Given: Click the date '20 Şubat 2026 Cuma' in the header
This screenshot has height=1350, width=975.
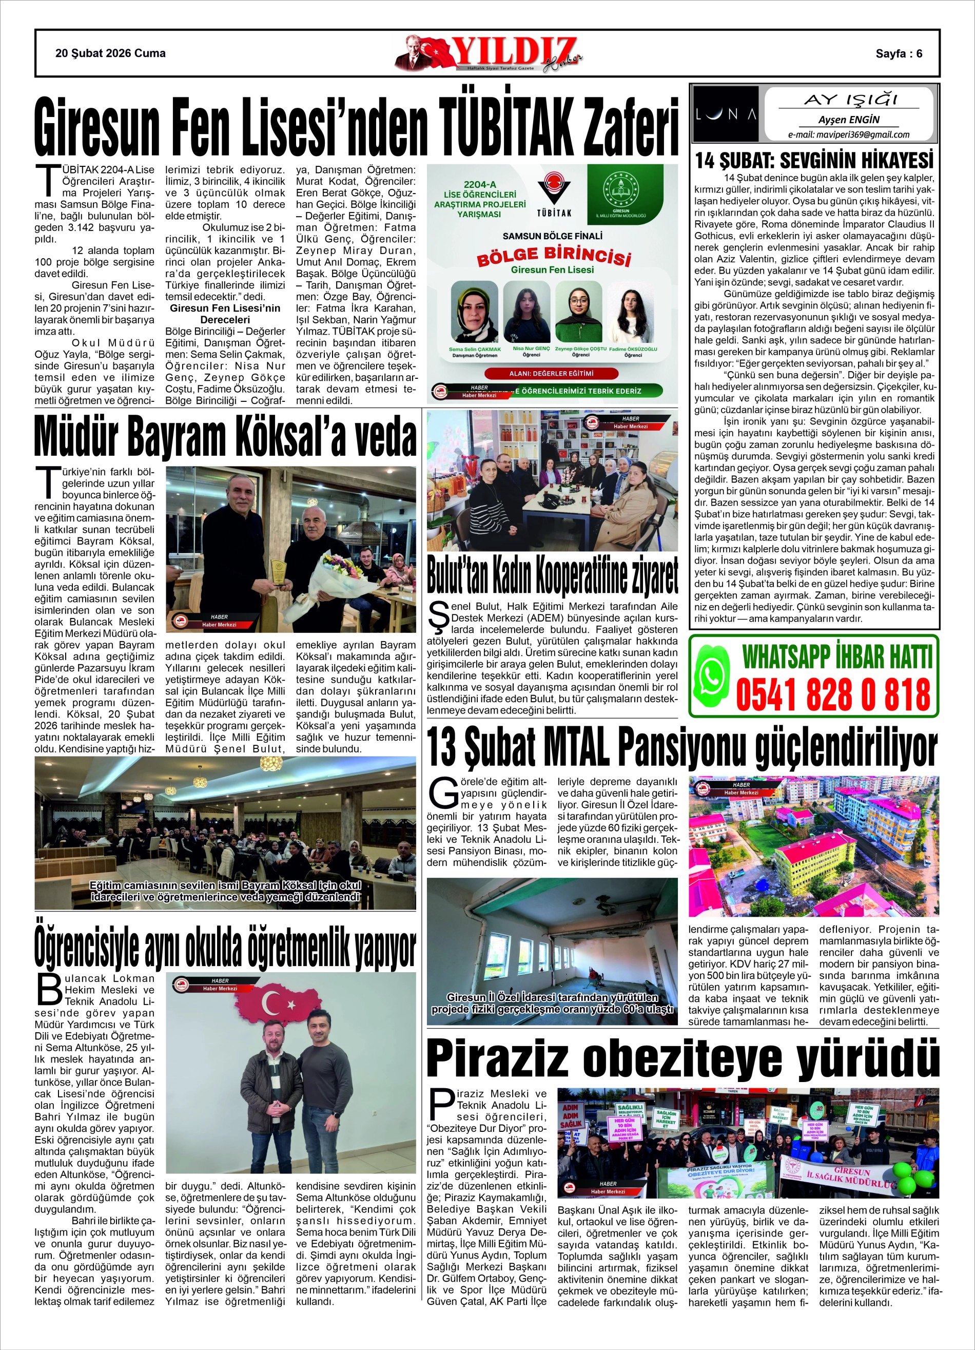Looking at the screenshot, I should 110,53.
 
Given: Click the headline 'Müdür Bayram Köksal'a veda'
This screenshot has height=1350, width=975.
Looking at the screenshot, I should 225,437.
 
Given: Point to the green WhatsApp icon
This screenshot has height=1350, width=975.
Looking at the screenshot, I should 712,677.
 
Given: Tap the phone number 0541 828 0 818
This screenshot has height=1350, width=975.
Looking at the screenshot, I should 833,694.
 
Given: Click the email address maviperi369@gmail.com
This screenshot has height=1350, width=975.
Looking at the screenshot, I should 848,134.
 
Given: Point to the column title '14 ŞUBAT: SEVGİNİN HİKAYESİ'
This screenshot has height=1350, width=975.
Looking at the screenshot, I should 814,160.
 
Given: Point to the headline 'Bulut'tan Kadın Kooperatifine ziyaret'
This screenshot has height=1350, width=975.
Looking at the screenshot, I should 552,575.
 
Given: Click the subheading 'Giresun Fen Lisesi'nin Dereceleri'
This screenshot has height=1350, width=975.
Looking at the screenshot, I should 224,314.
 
